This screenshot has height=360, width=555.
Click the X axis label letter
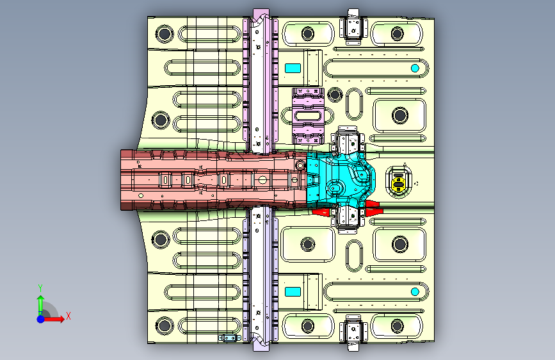click(x=68, y=315)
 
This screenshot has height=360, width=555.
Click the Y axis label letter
click(x=40, y=288)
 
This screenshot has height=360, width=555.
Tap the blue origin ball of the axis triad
click(x=40, y=318)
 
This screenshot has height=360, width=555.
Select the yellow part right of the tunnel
click(x=399, y=181)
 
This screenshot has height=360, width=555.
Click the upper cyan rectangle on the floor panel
click(x=293, y=68)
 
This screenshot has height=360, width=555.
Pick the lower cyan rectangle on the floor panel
click(x=293, y=291)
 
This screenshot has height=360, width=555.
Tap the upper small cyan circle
click(x=415, y=68)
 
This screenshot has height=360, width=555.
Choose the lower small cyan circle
click(x=415, y=292)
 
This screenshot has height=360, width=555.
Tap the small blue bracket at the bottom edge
click(x=229, y=338)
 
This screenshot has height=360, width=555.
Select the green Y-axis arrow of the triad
click(x=40, y=303)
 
